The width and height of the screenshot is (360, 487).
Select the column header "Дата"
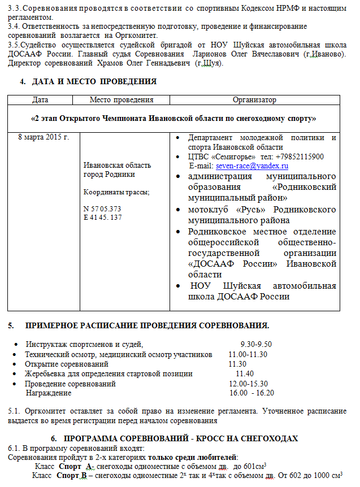(40, 100)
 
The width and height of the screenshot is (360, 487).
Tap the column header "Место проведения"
(122, 100)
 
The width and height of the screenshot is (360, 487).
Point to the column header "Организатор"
(254, 100)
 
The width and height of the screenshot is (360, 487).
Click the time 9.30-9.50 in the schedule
(256, 344)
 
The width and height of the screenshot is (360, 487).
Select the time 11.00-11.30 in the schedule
(248, 354)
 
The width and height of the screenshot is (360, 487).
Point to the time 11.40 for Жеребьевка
(245, 373)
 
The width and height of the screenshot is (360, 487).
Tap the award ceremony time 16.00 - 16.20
(251, 393)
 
